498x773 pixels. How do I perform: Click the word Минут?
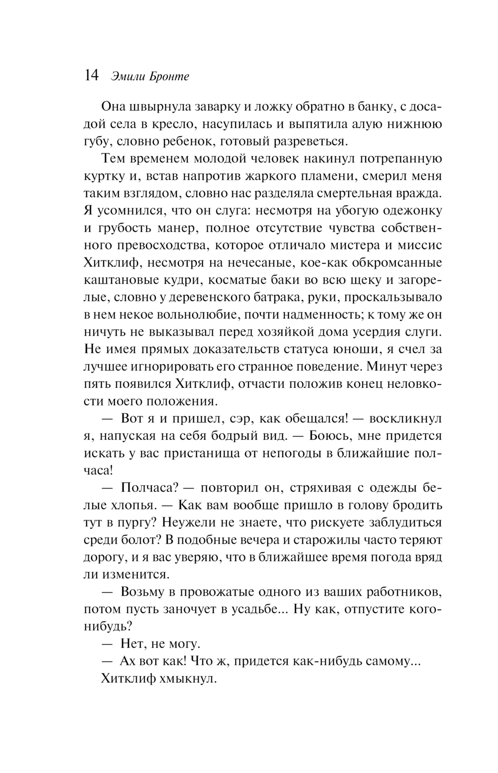pyautogui.click(x=388, y=367)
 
